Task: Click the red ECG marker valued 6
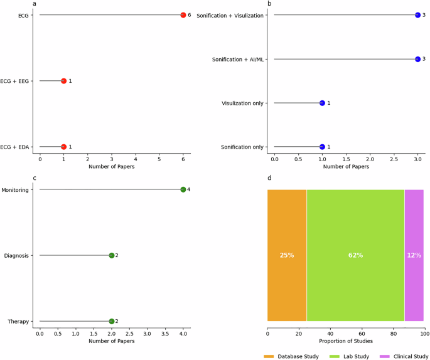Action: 183,15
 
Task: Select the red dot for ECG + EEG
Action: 63,81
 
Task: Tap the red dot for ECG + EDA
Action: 63,147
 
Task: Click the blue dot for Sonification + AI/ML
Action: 417,59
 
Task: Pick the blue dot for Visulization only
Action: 322,103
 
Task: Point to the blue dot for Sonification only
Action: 322,147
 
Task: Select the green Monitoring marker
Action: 183,189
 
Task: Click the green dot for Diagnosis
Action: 111,255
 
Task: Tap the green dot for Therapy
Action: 111,321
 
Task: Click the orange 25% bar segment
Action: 287,255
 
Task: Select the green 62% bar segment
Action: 355,255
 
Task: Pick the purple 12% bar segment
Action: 414,255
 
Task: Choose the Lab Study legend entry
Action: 357,356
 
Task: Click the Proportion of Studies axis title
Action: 346,341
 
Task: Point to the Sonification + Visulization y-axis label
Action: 230,15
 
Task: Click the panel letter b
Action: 269,4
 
